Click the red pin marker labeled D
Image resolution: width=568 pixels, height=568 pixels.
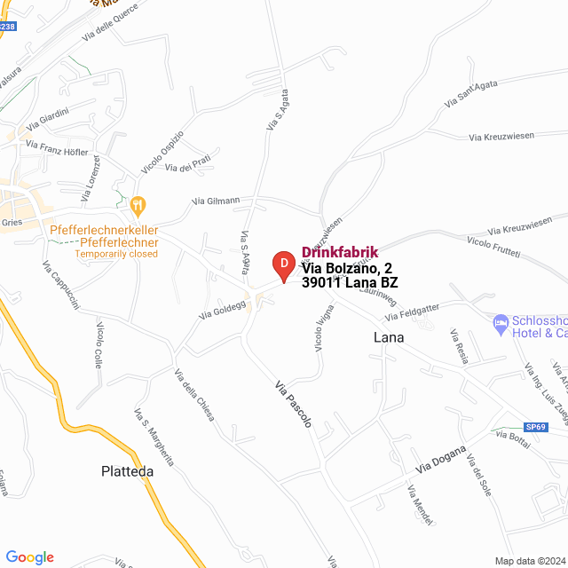(x=283, y=264)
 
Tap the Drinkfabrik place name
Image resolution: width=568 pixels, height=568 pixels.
(x=340, y=252)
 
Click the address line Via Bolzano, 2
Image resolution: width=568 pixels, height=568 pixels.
(x=346, y=268)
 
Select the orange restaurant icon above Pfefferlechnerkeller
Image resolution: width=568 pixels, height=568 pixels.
(x=137, y=206)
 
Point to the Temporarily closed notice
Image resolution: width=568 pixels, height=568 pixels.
(x=116, y=254)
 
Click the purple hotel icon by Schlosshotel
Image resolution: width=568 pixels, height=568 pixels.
(x=501, y=320)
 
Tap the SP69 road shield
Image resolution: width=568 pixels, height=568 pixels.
(x=534, y=426)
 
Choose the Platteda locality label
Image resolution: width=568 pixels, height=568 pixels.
(x=127, y=472)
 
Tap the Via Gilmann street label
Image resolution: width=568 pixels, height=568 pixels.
(x=217, y=201)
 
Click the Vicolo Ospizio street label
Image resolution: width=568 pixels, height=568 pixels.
(x=162, y=153)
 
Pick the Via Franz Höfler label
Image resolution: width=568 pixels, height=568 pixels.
(x=58, y=147)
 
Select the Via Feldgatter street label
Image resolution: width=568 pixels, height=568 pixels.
(x=412, y=312)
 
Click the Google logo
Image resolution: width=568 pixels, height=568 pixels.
(x=29, y=557)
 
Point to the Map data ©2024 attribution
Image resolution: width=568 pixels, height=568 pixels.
(x=529, y=561)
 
